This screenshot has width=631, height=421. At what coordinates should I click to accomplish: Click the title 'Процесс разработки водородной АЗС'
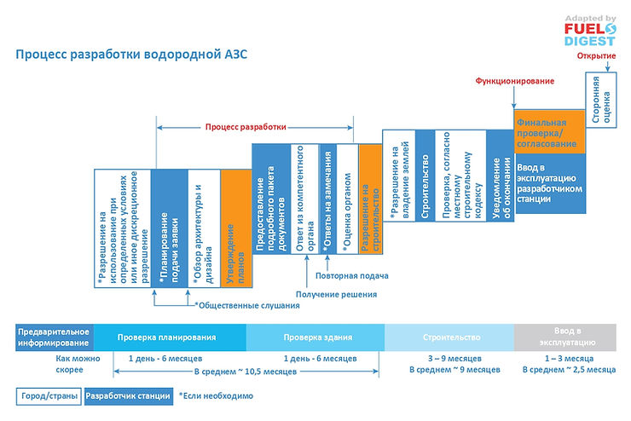point(132,54)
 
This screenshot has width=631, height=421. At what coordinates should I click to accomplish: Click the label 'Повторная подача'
point(351,276)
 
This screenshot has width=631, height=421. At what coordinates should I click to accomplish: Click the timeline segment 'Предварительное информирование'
point(54,337)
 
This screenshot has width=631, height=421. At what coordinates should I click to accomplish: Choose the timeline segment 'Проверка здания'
point(315,337)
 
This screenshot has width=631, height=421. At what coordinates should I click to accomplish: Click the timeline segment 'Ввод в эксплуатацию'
point(566,337)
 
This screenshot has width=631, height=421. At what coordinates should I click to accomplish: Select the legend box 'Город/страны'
point(49,396)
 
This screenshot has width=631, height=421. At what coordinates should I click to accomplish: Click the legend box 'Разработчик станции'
point(128,396)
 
